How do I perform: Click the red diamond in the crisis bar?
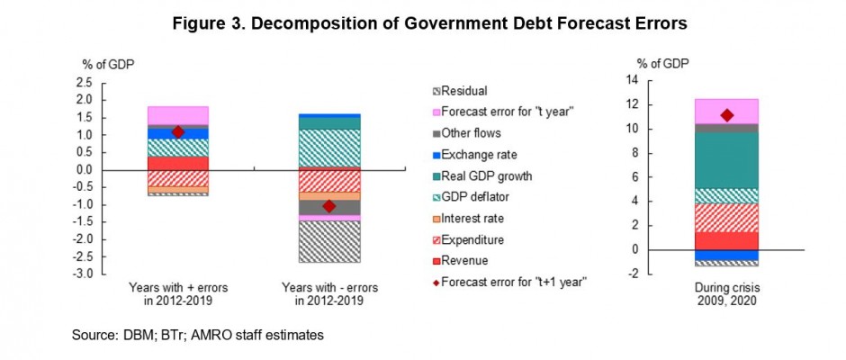tap(726, 114)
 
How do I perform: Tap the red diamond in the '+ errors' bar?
tap(178, 132)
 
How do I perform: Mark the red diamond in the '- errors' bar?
tap(328, 206)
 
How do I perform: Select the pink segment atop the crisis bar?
tap(726, 111)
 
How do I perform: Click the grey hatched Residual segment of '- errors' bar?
tap(328, 241)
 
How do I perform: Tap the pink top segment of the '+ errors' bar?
tap(178, 115)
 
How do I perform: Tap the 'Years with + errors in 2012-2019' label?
tap(178, 293)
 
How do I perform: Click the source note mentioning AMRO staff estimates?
tap(198, 336)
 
